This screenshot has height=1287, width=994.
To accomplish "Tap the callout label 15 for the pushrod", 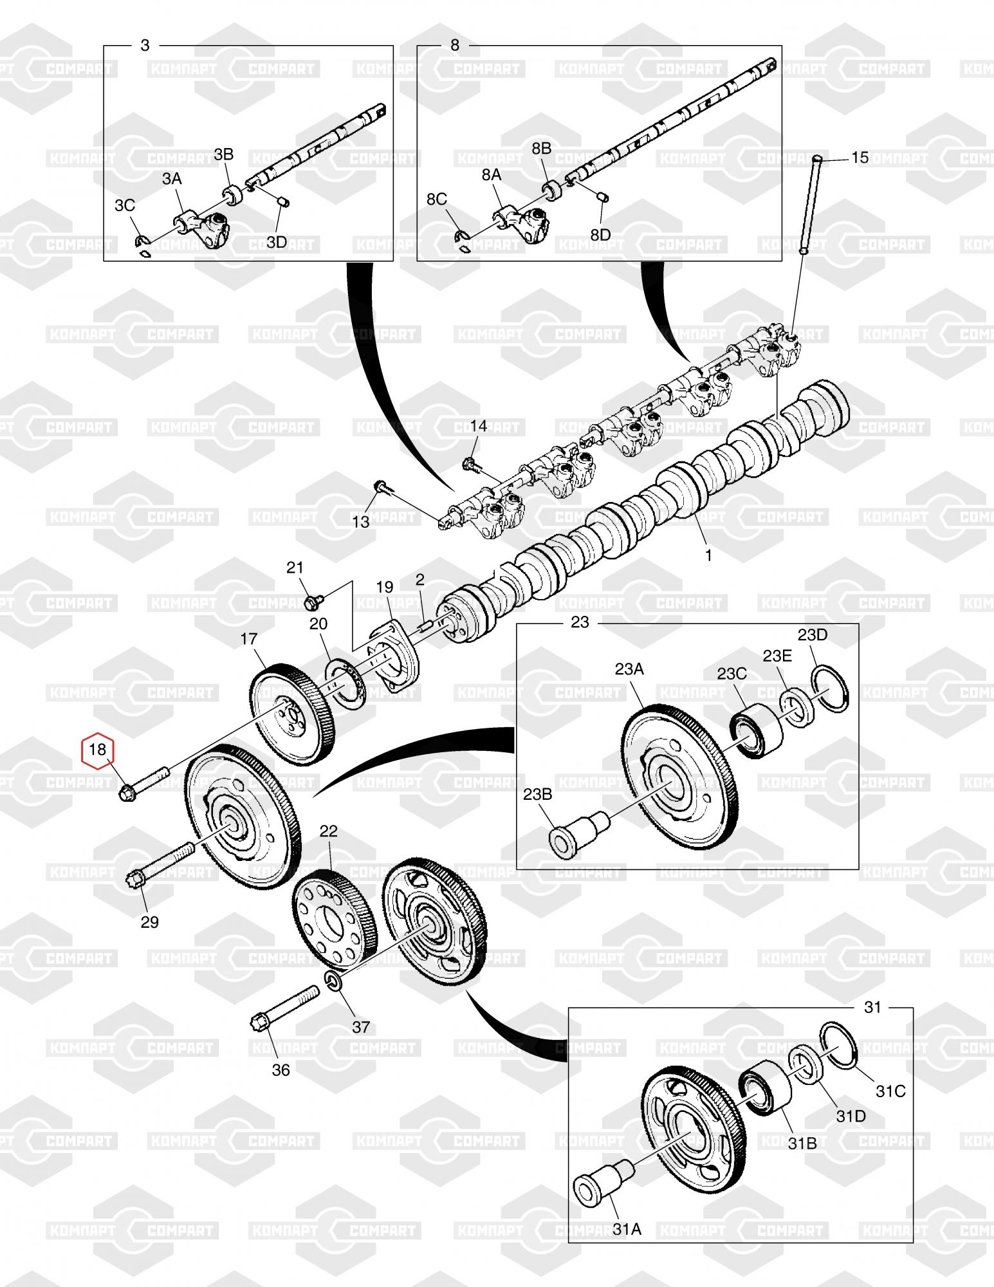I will coord(860,157).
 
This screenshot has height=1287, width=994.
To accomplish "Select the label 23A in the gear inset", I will coord(629,669).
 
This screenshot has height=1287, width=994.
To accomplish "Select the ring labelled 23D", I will coord(831,689).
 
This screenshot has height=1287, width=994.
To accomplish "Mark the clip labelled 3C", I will coord(142,242).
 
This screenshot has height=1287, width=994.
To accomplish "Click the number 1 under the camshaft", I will coord(708,555).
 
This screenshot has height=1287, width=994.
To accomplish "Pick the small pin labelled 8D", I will coord(603,198).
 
